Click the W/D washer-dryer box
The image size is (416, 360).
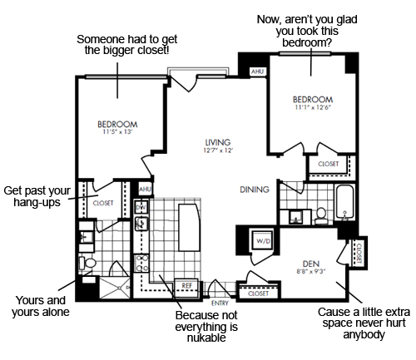tap(263, 240)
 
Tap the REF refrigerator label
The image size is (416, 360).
tap(187, 285)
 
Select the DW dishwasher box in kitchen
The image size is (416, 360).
tap(141, 207)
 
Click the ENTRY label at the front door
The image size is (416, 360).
tap(220, 303)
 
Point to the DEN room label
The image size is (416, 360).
tap(311, 264)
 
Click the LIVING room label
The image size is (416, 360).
tap(218, 142)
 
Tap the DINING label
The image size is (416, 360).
tap(255, 190)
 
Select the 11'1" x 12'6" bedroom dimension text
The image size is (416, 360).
tap(313, 107)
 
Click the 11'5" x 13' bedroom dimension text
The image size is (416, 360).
tap(117, 132)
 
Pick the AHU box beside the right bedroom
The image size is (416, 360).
tap(257, 72)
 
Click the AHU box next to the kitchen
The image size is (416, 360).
tap(145, 189)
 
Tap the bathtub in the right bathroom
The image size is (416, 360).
tap(345, 201)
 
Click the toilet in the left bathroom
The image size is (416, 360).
tap(87, 263)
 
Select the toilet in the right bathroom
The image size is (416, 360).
tap(321, 216)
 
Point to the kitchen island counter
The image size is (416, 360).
tap(190, 227)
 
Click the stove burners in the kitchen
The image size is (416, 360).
tap(141, 263)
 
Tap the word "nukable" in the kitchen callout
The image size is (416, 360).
tap(206, 338)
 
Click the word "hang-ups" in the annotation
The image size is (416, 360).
tap(37, 203)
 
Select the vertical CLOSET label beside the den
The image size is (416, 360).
tap(359, 254)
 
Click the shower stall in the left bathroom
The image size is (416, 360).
tap(115, 288)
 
